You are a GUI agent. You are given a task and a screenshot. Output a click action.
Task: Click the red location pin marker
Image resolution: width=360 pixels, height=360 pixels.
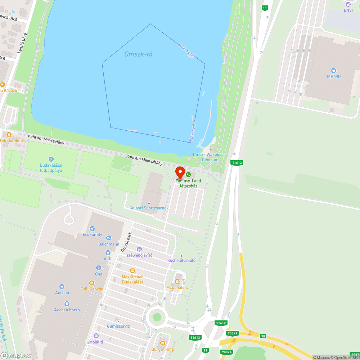click(180, 172)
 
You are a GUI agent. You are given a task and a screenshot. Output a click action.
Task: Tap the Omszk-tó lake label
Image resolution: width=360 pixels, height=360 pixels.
click(138, 54)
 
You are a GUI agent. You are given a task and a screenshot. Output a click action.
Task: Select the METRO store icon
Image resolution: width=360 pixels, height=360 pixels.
click(334, 70)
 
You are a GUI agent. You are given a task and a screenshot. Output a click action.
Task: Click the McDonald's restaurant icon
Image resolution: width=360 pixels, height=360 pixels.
click(177, 282)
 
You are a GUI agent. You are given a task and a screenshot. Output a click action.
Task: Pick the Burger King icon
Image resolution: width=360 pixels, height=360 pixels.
click(162, 343)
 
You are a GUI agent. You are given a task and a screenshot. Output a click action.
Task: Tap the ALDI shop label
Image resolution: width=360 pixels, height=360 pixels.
click(108, 258)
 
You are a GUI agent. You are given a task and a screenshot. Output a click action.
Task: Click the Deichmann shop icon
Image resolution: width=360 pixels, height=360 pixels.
click(109, 238)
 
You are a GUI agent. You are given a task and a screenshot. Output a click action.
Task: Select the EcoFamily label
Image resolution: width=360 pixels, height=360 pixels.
click(93, 234)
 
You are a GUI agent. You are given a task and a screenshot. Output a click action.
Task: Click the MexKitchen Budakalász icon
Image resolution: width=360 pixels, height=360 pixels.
click(132, 270)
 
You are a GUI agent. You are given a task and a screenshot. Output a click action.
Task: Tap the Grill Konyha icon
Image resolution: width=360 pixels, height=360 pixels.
click(92, 283)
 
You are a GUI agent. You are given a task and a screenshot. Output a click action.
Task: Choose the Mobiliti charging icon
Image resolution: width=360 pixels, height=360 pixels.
click(96, 336)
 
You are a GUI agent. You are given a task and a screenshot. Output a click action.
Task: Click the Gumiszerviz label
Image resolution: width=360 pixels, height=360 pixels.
click(118, 326)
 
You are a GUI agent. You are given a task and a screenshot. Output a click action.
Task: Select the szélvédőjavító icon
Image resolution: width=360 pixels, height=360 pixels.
click(139, 249)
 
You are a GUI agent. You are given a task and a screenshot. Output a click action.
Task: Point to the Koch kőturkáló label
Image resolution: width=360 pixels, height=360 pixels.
click(181, 260)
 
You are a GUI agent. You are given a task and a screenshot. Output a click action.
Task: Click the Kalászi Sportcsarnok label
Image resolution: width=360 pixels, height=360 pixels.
click(149, 208)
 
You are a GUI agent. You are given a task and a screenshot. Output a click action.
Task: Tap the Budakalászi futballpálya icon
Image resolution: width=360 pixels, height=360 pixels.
click(51, 159)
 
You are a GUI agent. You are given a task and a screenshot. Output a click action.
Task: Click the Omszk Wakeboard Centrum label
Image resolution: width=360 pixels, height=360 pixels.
click(210, 157)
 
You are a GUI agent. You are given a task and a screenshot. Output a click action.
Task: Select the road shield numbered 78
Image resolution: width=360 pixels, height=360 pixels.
click(264, 336)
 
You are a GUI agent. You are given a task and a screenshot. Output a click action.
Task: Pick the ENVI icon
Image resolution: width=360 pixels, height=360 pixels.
click(348, 4)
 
